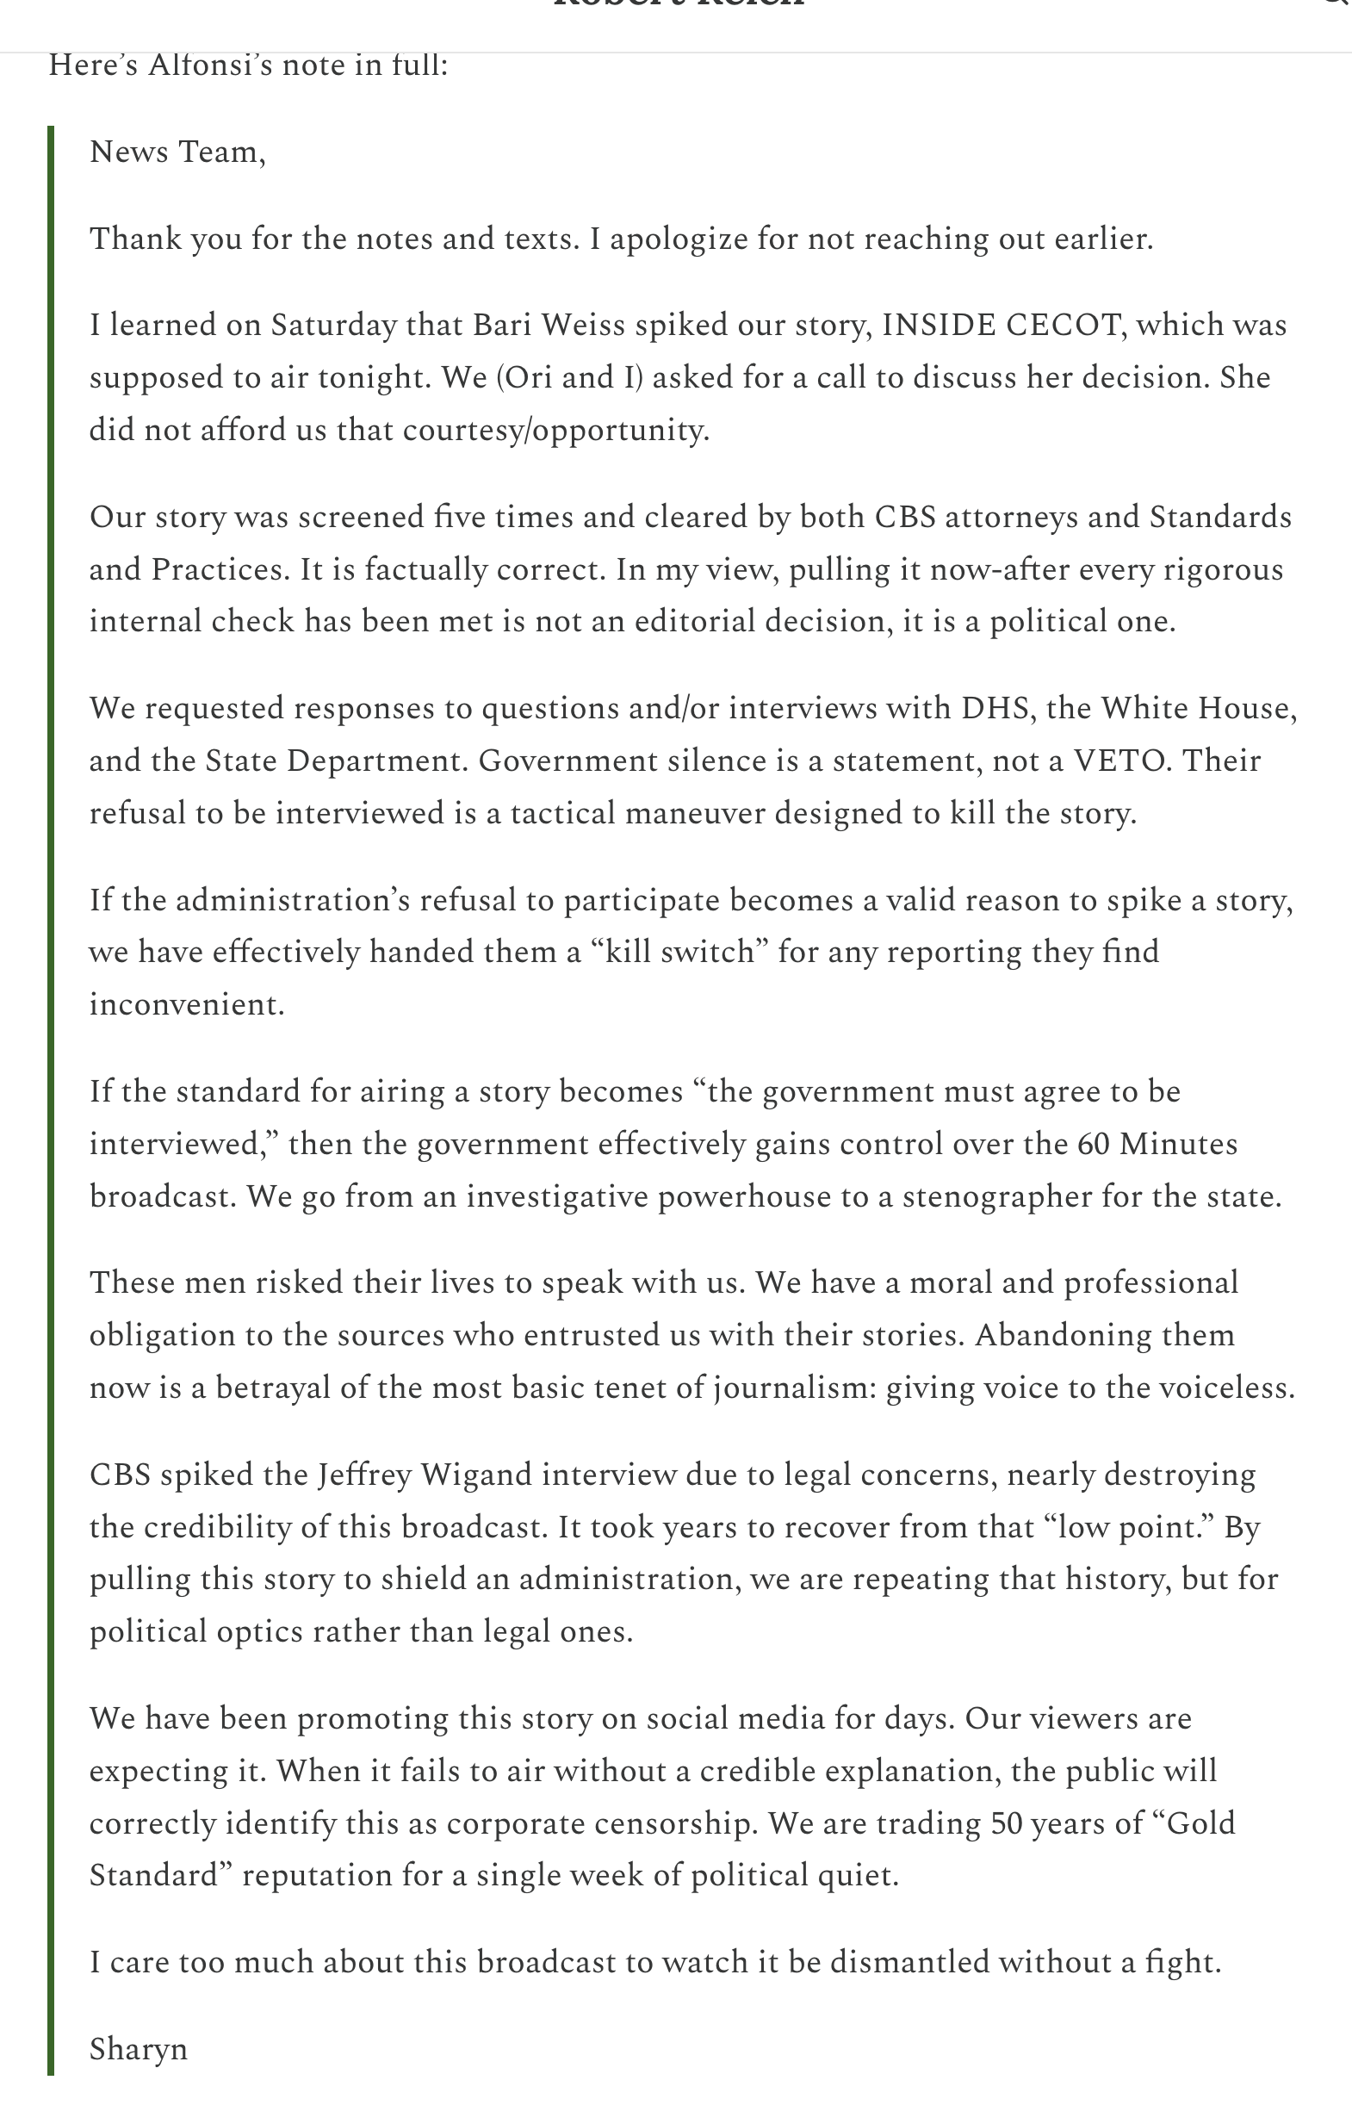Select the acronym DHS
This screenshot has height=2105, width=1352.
995,708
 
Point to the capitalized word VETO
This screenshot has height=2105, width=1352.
1123,761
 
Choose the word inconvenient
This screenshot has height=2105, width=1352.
186,1004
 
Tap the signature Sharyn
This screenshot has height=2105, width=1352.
139,2049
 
